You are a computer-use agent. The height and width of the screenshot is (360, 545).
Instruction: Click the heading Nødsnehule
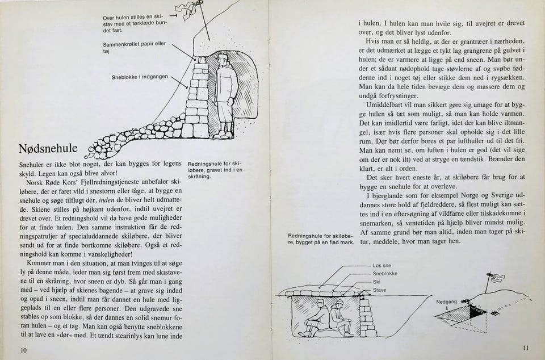[x=48, y=149]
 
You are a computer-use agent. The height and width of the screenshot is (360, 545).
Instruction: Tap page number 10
[x=23, y=350]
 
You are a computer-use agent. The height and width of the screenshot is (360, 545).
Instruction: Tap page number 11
[x=526, y=348]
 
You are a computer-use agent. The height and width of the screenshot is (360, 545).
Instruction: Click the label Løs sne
[x=381, y=266]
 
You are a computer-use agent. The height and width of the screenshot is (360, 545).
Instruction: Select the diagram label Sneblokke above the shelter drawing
[x=385, y=274]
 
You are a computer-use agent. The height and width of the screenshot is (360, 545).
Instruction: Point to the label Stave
[x=379, y=290]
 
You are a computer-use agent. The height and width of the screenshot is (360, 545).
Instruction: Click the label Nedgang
[x=446, y=302]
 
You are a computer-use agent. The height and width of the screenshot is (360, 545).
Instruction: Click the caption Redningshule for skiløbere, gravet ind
[x=215, y=169]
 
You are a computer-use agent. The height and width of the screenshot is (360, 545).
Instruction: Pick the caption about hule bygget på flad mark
[x=321, y=239]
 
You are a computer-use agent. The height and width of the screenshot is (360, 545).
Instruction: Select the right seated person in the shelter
[x=339, y=317]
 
